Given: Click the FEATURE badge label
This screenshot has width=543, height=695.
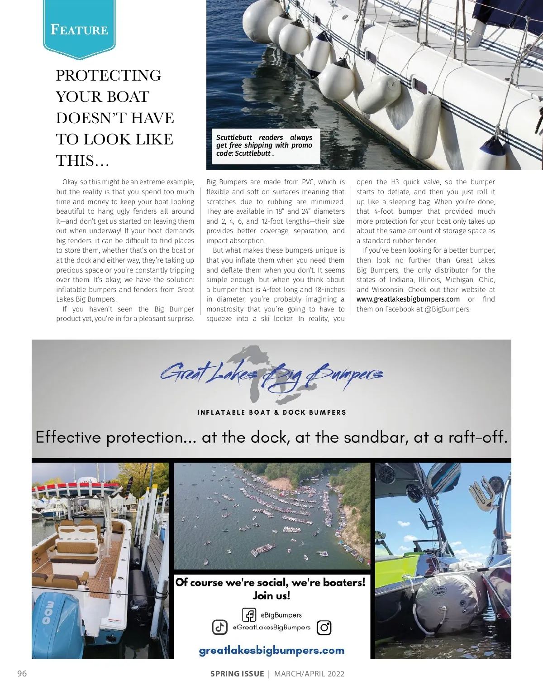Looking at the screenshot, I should (79, 30).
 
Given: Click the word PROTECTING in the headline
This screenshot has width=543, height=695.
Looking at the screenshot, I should (109, 75).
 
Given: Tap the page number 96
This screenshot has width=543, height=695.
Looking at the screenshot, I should (22, 673).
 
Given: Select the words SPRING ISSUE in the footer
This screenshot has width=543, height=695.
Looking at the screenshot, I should (237, 674).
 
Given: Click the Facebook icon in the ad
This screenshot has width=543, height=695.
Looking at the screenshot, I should (249, 614).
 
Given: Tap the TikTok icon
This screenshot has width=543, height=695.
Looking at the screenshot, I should (220, 627).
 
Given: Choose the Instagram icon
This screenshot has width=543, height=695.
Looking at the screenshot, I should (324, 628).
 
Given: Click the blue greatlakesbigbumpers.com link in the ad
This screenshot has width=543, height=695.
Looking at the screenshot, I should (271, 651).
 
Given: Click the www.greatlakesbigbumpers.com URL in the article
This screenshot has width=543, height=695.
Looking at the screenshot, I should (408, 299).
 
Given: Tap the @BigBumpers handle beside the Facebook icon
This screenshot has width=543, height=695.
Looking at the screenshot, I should (281, 615).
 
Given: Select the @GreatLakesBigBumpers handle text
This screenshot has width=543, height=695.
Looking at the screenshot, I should (271, 628).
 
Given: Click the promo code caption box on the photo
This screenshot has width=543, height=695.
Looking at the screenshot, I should (264, 145).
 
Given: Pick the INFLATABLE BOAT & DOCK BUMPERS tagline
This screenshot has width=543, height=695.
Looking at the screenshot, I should (271, 412).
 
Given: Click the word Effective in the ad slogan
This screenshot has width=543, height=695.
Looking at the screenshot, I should (68, 437).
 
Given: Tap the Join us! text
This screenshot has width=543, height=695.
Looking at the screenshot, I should (271, 595).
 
